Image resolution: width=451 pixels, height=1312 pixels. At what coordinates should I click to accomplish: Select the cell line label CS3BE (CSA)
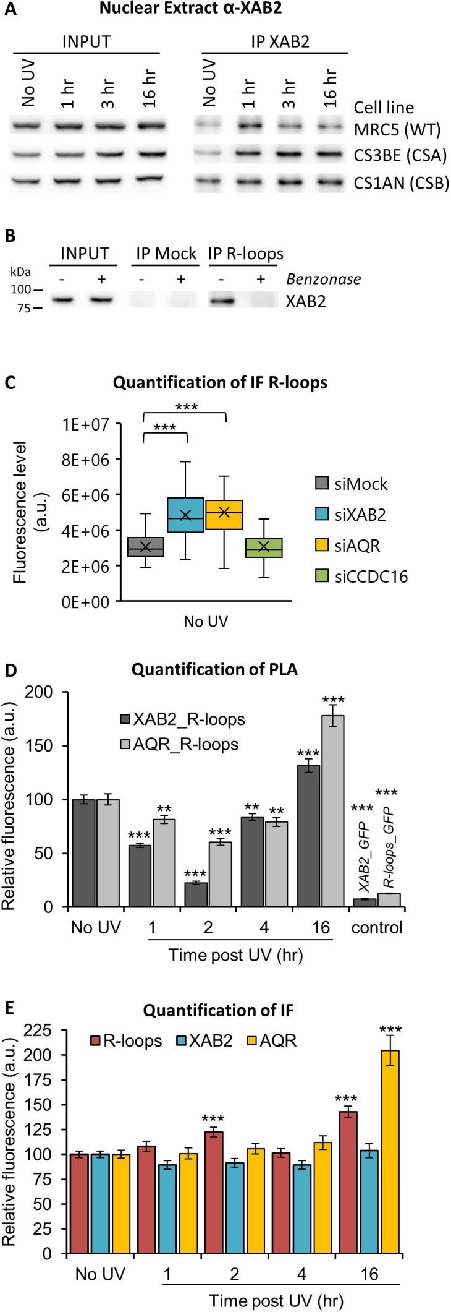(x=400, y=155)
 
